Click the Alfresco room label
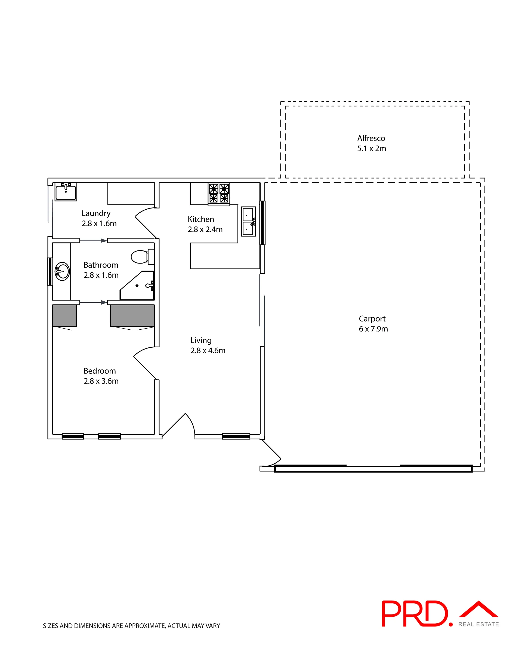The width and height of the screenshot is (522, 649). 371,139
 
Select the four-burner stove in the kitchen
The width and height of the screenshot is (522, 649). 219,194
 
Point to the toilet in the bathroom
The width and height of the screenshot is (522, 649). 143,257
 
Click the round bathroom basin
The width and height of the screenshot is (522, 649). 62,271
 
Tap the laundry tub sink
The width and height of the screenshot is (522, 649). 66,192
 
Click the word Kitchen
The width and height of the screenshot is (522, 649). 201,219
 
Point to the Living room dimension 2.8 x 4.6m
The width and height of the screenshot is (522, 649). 208,350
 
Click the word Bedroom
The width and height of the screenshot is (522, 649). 100,371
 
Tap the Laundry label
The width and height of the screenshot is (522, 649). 96,213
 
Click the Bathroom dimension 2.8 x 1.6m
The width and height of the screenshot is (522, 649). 101,275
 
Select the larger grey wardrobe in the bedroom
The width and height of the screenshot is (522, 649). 132,316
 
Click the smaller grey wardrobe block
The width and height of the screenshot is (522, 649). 64,316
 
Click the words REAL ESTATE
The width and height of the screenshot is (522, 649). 478,624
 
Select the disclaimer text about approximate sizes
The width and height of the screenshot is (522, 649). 131,626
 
